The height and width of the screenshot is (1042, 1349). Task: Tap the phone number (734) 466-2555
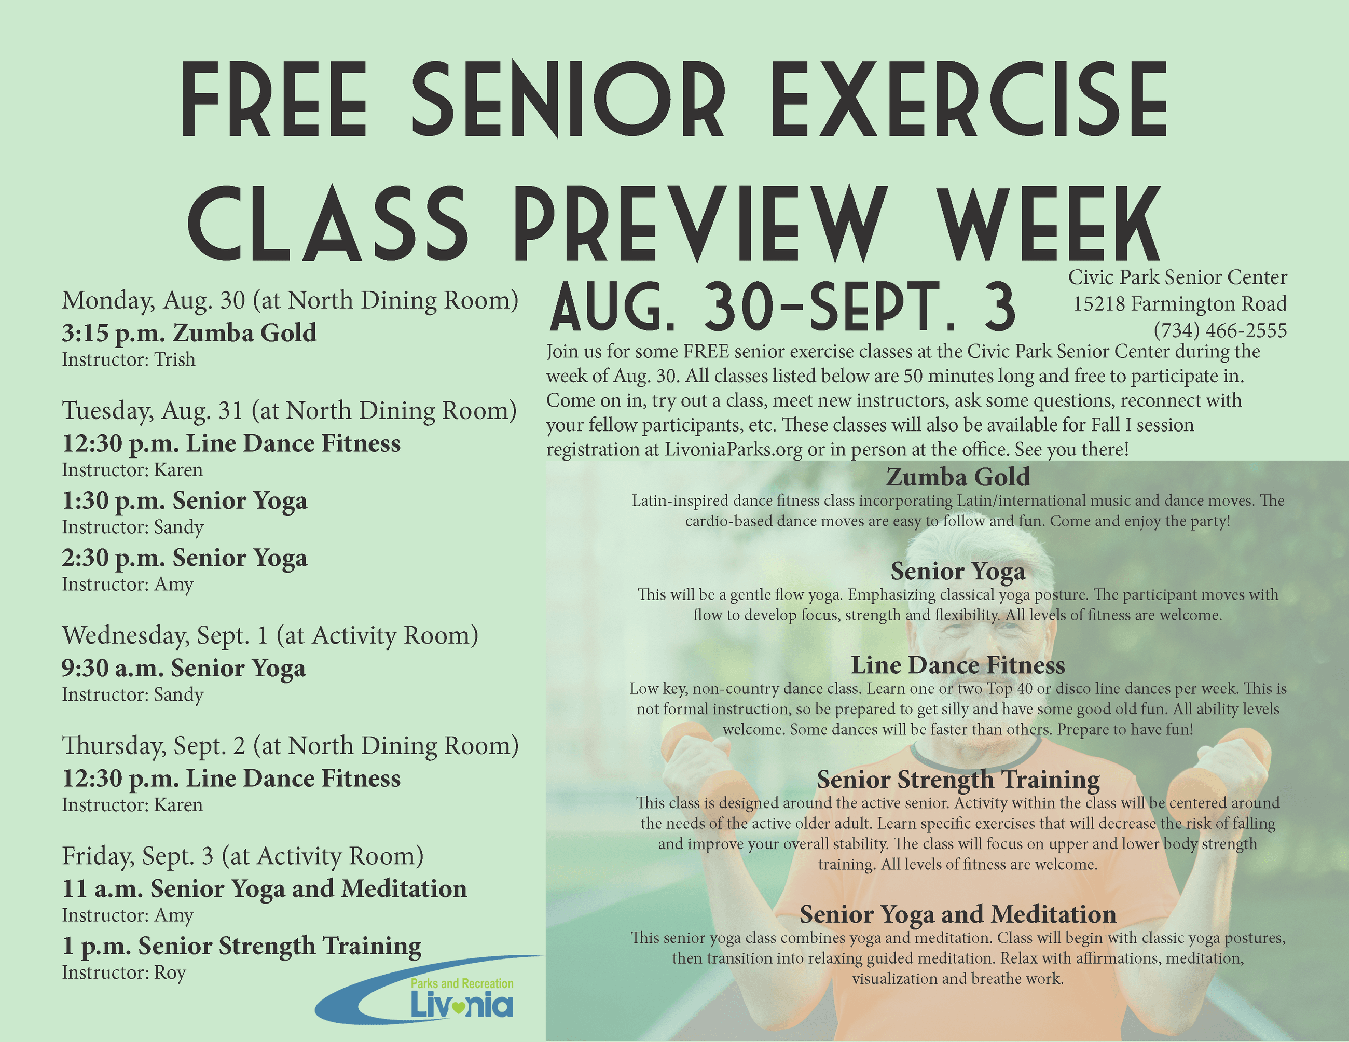pos(1220,331)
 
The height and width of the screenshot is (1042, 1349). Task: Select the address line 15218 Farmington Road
pos(1180,304)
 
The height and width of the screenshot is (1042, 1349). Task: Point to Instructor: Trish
pos(129,359)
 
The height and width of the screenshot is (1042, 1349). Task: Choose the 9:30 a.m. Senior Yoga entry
pos(184,669)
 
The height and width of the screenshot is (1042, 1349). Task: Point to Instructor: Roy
pos(123,973)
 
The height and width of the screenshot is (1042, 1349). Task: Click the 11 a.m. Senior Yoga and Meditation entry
pos(265,889)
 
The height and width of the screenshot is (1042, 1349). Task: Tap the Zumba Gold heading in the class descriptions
pos(958,477)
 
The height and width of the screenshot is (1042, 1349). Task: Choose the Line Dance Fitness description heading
pos(958,665)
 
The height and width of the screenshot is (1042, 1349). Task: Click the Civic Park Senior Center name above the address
pos(1178,277)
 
